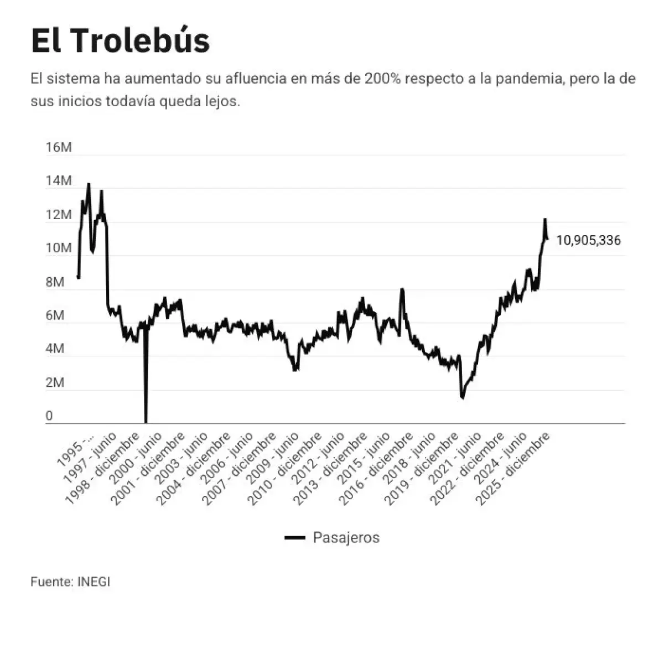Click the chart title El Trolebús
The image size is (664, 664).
click(120, 40)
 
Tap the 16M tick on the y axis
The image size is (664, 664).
click(59, 148)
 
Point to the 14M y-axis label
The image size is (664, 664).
click(59, 181)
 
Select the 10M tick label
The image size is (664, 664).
click(59, 248)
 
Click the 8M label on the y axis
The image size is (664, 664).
click(55, 282)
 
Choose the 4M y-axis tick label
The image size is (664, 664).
click(55, 349)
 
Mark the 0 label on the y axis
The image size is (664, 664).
click(49, 416)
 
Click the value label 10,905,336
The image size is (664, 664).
click(588, 241)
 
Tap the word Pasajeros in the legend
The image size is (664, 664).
click(346, 537)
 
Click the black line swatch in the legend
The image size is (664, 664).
click(295, 538)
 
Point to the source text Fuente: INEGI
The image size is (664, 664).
click(70, 582)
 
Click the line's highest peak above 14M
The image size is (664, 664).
click(89, 184)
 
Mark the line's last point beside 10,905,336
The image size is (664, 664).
click(547, 239)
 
